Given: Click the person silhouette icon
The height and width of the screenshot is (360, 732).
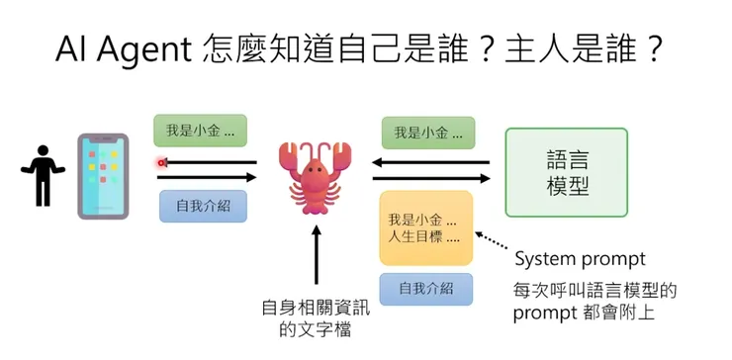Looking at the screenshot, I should [42, 173].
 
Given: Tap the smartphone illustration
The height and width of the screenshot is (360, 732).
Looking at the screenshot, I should [103, 175].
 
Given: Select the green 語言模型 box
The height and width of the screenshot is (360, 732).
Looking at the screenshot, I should [566, 172].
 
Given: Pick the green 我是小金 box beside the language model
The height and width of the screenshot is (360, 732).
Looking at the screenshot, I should [427, 133].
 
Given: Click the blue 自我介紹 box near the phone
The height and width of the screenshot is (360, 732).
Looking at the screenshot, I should [203, 206].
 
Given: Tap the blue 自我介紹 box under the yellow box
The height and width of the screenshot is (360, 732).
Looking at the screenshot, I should [426, 289].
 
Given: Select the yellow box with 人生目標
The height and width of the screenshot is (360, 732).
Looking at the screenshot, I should [425, 228].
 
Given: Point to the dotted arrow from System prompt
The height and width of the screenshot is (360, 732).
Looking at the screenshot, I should [495, 244].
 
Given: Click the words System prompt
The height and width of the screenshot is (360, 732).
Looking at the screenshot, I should [580, 259].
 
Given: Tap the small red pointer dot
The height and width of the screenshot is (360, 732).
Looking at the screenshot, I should [160, 162].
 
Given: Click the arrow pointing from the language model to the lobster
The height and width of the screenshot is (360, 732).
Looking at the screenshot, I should [431, 162].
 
